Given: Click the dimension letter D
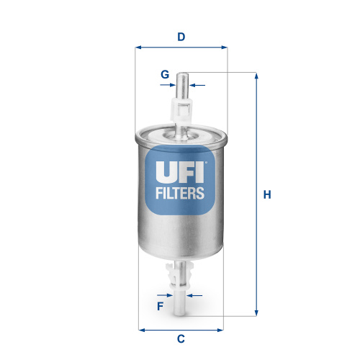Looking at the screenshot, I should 181,37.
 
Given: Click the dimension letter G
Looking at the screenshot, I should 165,74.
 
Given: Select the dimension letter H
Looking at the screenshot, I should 266,194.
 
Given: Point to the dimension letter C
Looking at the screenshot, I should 181,339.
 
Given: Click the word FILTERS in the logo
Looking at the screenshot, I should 181,193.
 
